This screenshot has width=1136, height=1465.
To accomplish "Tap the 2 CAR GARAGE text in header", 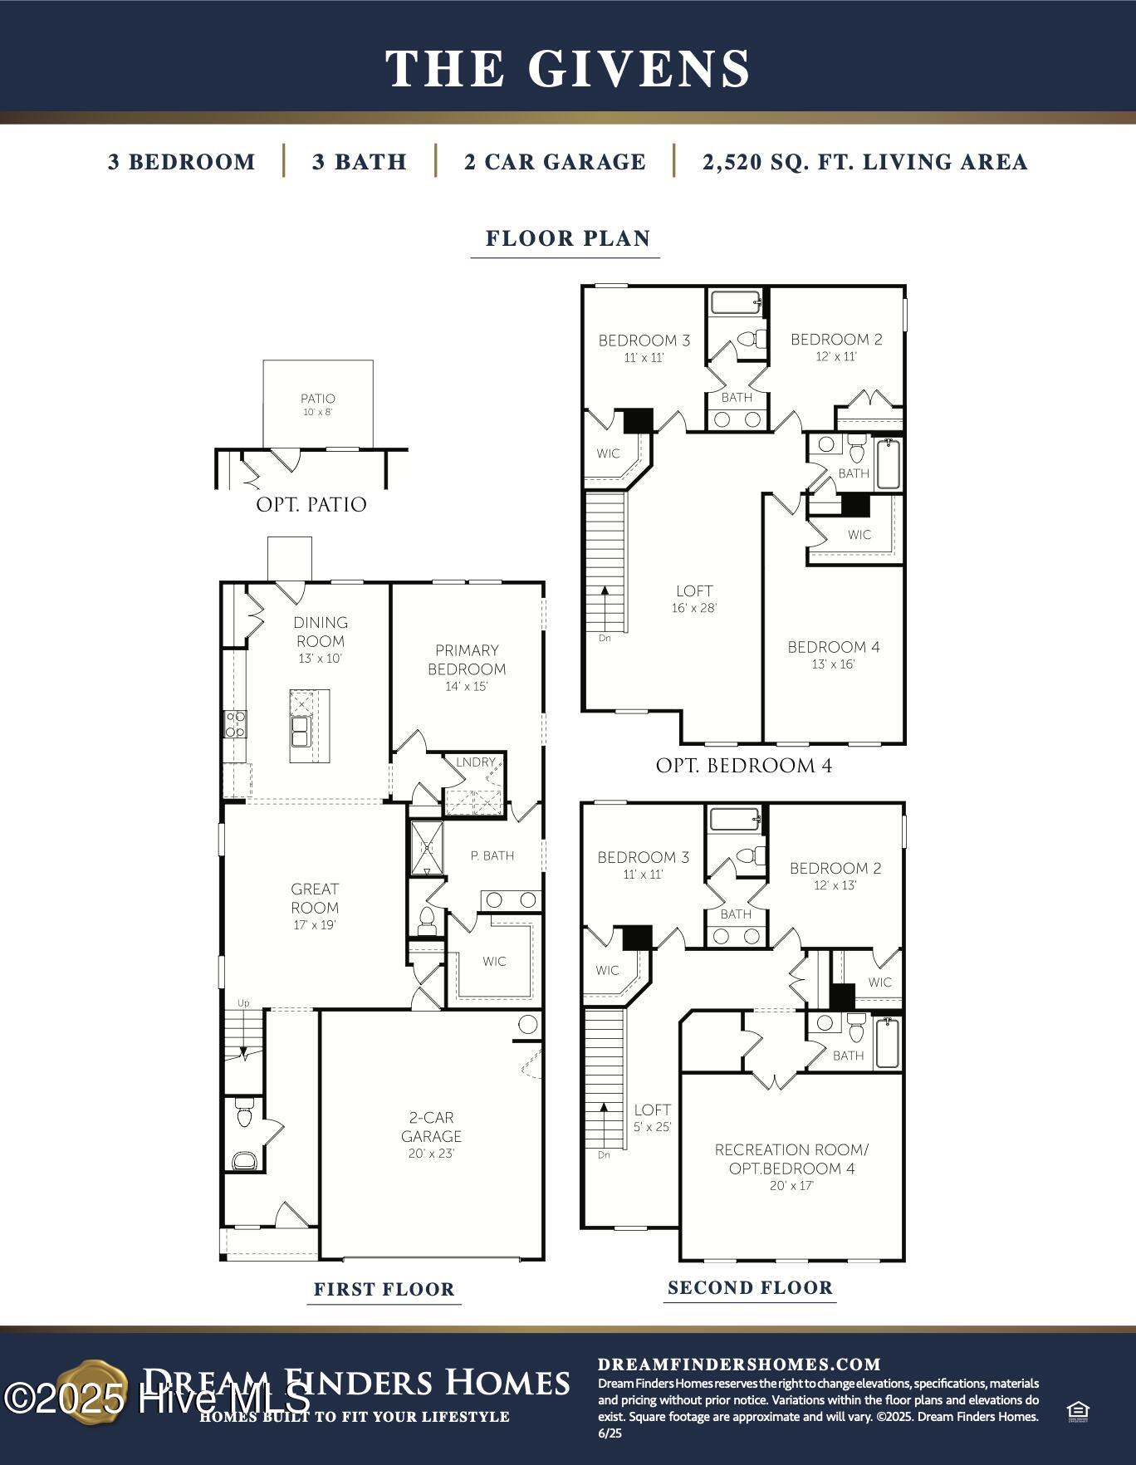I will click(555, 161).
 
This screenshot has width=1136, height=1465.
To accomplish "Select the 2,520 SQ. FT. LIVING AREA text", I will click(864, 161).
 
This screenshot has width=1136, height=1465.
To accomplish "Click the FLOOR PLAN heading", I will click(567, 238).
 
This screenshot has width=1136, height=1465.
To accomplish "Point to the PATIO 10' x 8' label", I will click(317, 404).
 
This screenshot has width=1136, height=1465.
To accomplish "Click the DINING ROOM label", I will click(321, 633).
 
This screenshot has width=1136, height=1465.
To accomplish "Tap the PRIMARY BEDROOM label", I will click(467, 660).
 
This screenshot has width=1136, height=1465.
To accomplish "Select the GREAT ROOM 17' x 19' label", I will click(315, 906).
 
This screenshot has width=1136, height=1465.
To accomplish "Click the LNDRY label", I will click(475, 762).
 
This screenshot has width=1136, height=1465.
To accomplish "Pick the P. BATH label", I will click(492, 855).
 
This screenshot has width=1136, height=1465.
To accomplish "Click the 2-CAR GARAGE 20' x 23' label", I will click(431, 1134).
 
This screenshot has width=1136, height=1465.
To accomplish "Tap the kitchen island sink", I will click(300, 732).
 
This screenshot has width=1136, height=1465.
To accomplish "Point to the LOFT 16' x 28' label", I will click(694, 598).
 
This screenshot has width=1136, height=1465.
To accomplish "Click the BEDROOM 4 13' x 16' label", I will click(834, 654).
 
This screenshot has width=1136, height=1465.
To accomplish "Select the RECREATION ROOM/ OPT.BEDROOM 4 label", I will click(791, 1166).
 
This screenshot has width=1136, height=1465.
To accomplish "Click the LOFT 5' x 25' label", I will click(652, 1117).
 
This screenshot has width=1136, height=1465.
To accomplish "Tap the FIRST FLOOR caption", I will click(384, 1290).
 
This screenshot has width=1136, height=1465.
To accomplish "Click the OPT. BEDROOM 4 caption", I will click(743, 766).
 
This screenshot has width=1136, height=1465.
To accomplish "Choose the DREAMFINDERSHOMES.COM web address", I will click(739, 1365).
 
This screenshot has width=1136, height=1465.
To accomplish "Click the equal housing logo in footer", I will click(1078, 1412).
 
